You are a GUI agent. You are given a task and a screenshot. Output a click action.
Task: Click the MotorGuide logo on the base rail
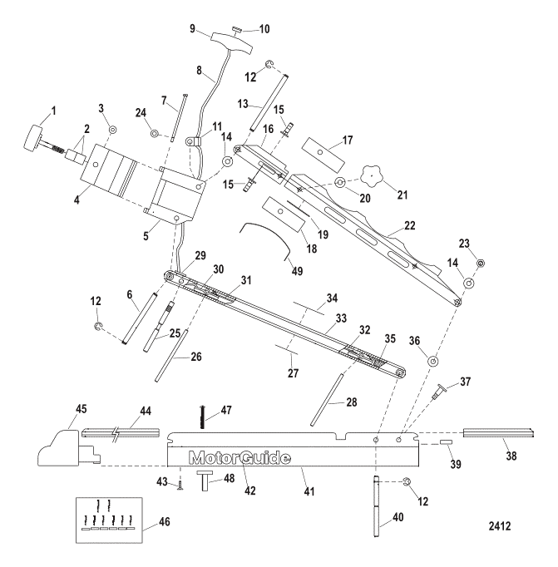[x=240, y=458]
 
